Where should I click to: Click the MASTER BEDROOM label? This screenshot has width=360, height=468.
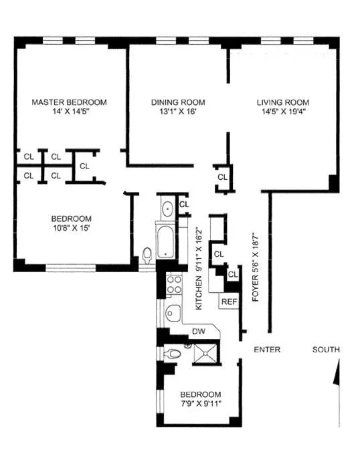70,102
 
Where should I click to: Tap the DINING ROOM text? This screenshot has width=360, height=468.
177,102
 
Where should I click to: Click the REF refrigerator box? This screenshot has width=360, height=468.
229,302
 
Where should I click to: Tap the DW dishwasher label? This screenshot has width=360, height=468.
198,331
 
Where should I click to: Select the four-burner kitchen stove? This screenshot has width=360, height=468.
174,285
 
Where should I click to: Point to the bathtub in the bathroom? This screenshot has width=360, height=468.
165,243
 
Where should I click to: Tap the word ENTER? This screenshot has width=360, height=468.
266,350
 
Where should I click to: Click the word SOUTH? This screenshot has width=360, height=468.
325,350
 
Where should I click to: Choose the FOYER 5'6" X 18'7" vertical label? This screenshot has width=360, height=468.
256,267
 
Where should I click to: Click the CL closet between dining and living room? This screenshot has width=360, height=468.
222,177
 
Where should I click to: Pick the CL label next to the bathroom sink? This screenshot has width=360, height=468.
184,204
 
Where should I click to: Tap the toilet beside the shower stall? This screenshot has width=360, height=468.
173,354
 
